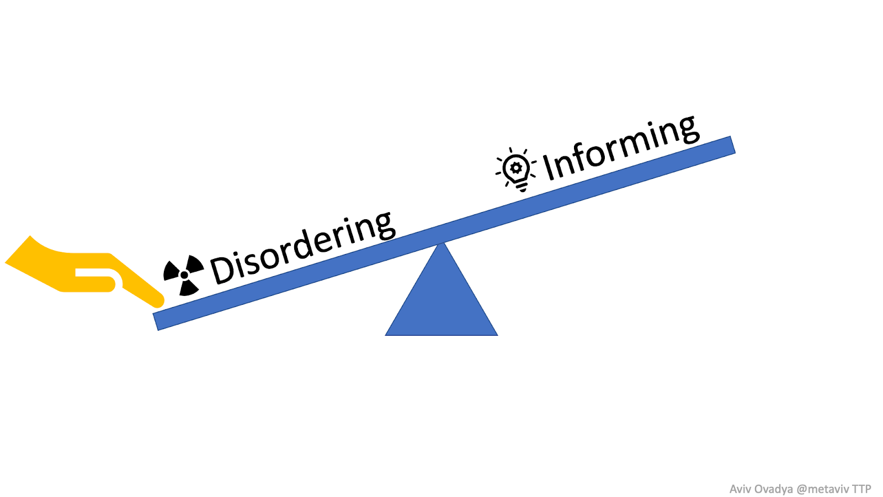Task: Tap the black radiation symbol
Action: pyautogui.click(x=184, y=274)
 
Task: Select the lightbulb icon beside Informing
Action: pyautogui.click(x=517, y=169)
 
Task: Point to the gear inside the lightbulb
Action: pyautogui.click(x=517, y=167)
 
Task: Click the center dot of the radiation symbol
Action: pyautogui.click(x=184, y=275)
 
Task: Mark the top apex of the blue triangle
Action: pyautogui.click(x=441, y=244)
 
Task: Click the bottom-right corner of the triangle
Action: pyautogui.click(x=496, y=334)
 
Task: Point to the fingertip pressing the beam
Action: pyautogui.click(x=158, y=302)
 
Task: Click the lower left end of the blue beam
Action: pyautogui.click(x=157, y=321)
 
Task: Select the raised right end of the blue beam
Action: pyautogui.click(x=732, y=145)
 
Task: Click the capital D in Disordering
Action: pyautogui.click(x=223, y=270)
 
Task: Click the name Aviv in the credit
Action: pyautogui.click(x=739, y=489)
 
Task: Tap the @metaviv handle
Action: pyautogui.click(x=822, y=489)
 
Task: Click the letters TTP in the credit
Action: pyautogui.click(x=861, y=489)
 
